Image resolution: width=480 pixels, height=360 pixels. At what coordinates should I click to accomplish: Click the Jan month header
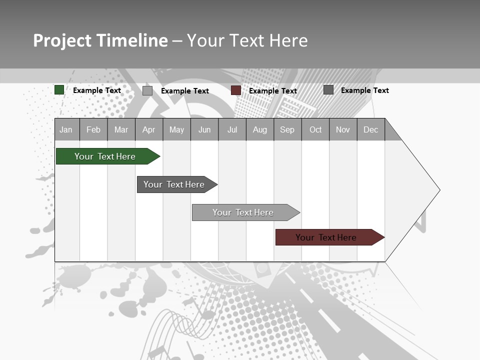click(x=66, y=130)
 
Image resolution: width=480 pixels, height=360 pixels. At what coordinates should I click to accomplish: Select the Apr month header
click(x=149, y=130)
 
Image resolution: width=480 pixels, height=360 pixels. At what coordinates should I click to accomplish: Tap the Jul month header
click(x=232, y=130)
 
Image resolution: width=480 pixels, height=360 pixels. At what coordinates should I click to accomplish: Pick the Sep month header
click(x=287, y=130)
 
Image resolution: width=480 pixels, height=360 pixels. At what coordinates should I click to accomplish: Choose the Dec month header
click(x=370, y=130)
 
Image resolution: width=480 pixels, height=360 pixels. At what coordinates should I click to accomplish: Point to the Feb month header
click(x=93, y=130)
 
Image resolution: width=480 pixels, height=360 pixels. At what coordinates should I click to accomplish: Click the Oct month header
click(x=315, y=130)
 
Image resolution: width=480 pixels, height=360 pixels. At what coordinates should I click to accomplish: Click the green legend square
click(x=59, y=90)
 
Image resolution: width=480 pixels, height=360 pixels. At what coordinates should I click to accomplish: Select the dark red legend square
click(x=236, y=90)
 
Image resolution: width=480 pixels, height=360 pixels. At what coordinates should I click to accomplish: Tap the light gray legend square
click(x=147, y=90)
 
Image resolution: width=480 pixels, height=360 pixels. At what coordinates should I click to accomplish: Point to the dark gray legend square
click(x=328, y=90)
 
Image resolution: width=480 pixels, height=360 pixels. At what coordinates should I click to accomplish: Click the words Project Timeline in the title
click(x=100, y=40)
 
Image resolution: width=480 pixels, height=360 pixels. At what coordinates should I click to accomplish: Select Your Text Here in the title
click(x=247, y=40)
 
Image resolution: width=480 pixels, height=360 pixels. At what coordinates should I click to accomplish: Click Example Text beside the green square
click(x=97, y=90)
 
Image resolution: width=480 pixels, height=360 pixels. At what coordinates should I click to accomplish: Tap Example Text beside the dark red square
click(x=273, y=91)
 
